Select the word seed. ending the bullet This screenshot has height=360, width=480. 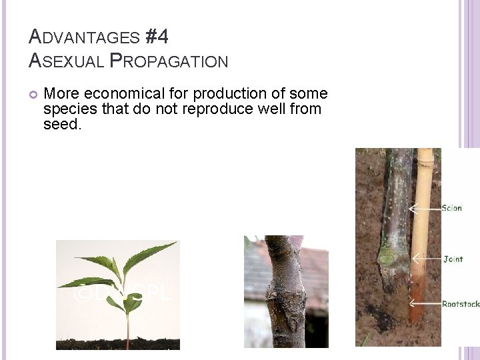[x=61, y=124]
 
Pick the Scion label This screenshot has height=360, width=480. [x=451, y=208]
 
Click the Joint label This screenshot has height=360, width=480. [x=453, y=259]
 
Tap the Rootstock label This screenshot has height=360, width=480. [x=460, y=304]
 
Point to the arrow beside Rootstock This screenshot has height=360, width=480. [x=427, y=304]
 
